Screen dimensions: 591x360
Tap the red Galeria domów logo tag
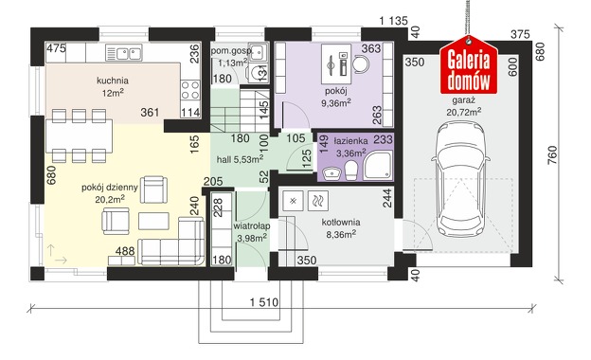point(469,64)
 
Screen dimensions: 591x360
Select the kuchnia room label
point(113,81)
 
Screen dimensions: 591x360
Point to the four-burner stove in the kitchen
point(190,90)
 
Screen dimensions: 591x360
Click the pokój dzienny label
point(110,188)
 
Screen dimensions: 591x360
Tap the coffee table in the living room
point(153,221)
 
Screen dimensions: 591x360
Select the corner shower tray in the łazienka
point(378,165)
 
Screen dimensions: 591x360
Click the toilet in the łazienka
point(351,171)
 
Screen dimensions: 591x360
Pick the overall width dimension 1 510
point(264,302)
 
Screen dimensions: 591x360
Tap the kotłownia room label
point(341,223)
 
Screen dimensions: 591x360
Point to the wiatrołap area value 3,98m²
point(252,238)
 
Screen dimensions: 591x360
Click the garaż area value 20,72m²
point(463,112)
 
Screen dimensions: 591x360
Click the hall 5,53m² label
point(240,159)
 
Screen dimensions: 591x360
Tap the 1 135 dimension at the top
point(393,21)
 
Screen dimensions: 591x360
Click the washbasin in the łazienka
point(331,173)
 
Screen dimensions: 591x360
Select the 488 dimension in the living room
point(125,251)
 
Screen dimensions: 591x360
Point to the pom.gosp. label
point(231,51)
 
